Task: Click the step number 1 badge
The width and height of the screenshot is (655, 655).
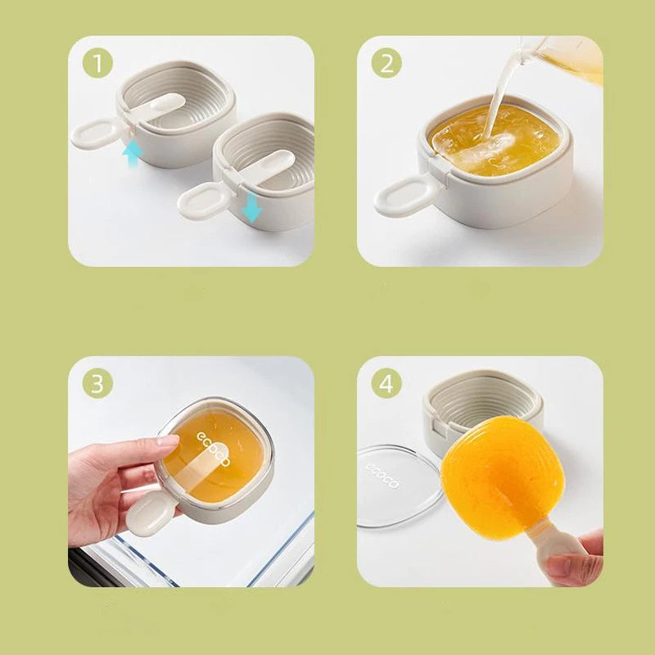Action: click(97, 63)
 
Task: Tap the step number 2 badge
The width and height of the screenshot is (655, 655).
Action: click(386, 63)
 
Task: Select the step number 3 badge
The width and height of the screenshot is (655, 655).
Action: click(97, 383)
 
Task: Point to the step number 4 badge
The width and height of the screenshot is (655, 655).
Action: click(386, 383)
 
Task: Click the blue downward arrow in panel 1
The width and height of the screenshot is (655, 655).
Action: click(251, 208)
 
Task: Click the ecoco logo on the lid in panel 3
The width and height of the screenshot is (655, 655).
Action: click(213, 449)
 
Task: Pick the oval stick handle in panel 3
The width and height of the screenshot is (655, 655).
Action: click(147, 515)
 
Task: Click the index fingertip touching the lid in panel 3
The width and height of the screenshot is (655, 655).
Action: click(170, 440)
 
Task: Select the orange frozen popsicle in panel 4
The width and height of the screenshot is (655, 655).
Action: click(502, 477)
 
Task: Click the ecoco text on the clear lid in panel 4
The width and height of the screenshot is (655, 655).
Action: click(382, 476)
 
